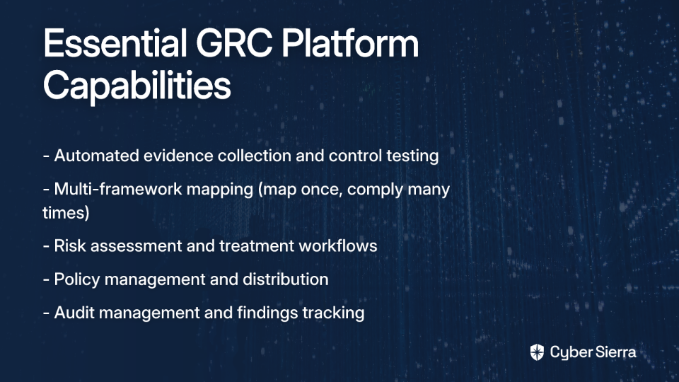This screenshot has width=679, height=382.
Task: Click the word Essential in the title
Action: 115,43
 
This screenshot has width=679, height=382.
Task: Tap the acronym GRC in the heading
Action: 234,43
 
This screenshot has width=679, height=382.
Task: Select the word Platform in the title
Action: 350,43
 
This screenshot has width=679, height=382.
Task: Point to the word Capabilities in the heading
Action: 137,86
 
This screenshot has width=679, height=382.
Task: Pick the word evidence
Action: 178,156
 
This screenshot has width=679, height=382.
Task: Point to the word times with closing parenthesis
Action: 66,213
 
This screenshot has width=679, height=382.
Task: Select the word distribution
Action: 285,279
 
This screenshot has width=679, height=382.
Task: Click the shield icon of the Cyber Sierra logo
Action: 537,352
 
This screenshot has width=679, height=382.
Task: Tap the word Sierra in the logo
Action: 614,352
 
